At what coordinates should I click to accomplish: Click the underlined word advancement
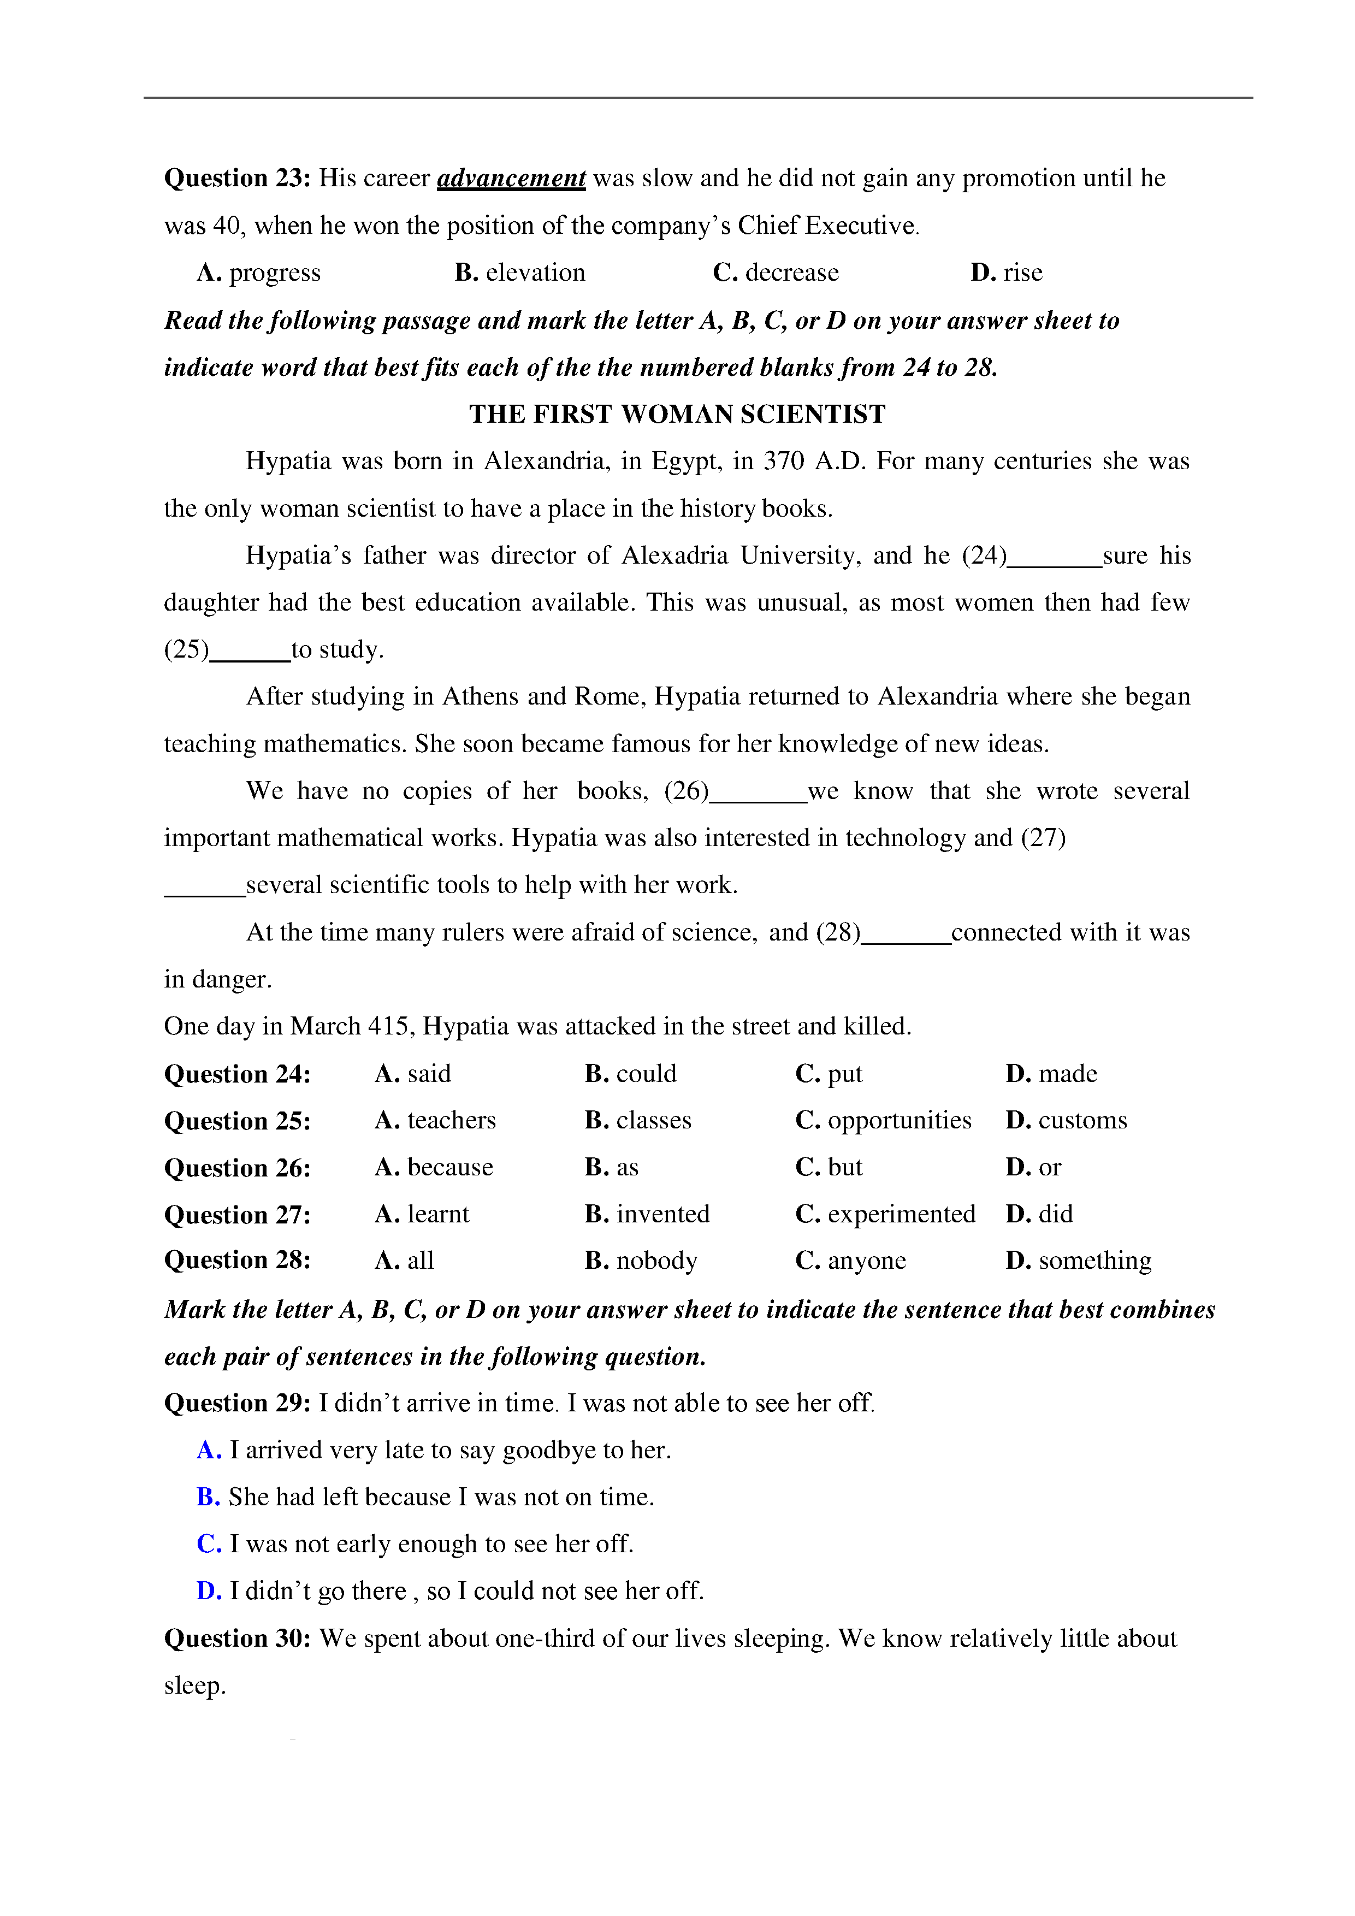(x=511, y=179)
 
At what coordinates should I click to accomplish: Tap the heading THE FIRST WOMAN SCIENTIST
(x=677, y=414)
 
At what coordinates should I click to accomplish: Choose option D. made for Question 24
(x=1051, y=1074)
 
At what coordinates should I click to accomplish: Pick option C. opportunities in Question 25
(x=883, y=1121)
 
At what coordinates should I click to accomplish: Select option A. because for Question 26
(x=434, y=1167)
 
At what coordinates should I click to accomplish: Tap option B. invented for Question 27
(x=647, y=1214)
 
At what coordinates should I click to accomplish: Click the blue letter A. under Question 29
(x=209, y=1450)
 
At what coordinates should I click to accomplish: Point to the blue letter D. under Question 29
(x=209, y=1592)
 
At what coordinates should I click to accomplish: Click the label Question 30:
(x=237, y=1639)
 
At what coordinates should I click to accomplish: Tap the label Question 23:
(x=237, y=179)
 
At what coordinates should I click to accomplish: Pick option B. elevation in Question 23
(x=520, y=273)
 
